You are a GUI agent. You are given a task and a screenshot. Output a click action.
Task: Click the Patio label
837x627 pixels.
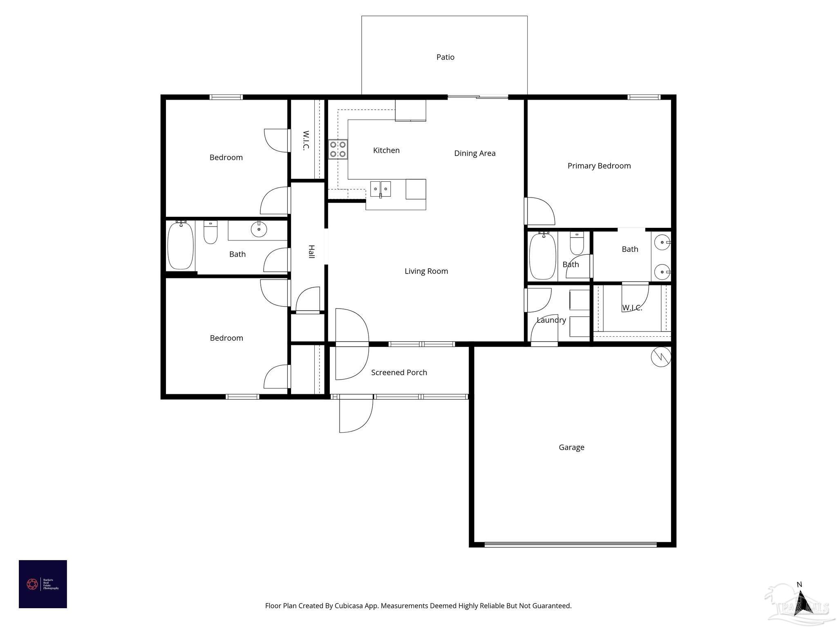coord(445,57)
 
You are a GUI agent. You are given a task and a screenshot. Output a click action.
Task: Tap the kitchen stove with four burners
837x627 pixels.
coord(338,149)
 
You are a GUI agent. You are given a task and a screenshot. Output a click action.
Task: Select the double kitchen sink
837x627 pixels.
coord(380,189)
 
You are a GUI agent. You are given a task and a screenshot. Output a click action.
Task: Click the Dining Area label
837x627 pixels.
coord(474,153)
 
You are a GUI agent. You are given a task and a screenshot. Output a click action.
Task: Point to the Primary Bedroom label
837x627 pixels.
coord(599,166)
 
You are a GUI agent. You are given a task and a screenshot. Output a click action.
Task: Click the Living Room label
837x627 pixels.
coord(426,271)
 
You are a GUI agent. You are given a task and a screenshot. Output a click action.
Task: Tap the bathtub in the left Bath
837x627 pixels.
coord(180,245)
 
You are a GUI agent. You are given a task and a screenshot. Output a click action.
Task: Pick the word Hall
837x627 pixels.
coord(311,251)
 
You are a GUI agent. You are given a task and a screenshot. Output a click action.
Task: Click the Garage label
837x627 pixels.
coord(571,447)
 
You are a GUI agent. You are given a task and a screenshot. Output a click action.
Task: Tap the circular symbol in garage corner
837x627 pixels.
coord(660,357)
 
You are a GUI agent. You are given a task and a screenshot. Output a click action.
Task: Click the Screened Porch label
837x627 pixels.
coord(399,372)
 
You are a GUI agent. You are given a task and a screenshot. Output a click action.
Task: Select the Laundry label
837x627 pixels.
coord(551,320)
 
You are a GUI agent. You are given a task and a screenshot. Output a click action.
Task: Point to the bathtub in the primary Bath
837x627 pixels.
coord(542,256)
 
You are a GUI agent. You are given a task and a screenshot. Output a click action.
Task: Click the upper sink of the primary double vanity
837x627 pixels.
coord(661,242)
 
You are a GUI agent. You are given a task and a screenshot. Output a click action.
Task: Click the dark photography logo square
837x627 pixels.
coord(43,584)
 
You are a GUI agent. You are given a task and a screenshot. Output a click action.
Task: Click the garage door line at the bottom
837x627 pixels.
coord(571,544)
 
